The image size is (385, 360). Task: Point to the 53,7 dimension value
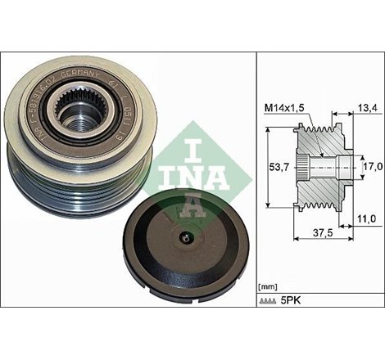280,168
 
